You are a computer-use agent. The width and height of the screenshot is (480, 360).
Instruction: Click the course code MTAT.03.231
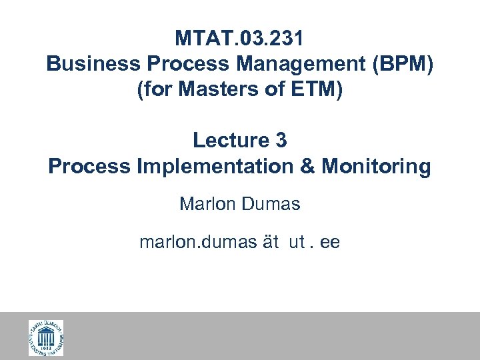click(239, 39)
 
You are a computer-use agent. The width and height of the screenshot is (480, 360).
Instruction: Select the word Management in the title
click(279, 64)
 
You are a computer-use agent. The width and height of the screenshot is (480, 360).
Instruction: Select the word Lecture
click(228, 141)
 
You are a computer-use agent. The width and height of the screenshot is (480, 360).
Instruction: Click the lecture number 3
click(281, 141)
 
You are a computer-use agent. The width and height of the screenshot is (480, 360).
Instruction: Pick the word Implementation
click(214, 166)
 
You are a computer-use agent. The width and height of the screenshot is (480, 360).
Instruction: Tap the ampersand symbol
click(308, 166)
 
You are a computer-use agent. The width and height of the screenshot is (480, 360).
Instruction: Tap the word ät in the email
click(270, 243)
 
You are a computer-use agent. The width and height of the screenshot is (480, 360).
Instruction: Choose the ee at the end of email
click(329, 243)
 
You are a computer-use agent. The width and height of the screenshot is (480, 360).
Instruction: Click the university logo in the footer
click(46, 337)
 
